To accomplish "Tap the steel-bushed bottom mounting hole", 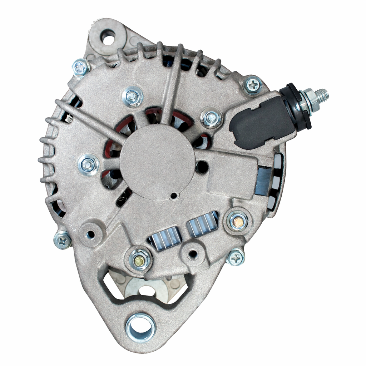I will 140,327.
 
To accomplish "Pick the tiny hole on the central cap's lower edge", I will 173,195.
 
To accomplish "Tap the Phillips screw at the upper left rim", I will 81,67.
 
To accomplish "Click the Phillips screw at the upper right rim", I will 253,85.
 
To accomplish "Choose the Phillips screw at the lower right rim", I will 236,257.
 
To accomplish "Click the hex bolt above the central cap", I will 132,96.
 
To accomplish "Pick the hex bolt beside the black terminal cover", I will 212,118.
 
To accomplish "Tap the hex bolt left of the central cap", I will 89,164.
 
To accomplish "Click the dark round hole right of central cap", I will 202,166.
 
